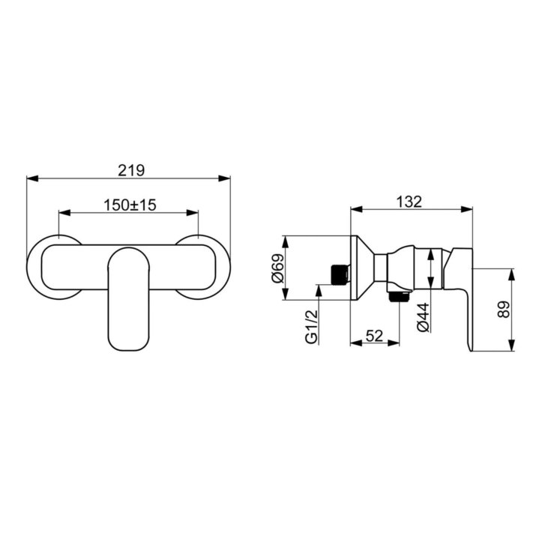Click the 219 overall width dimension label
click(131, 170)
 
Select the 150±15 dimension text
click(130, 205)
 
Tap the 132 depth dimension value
click(409, 202)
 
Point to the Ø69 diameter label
click(278, 268)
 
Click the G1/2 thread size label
click(312, 327)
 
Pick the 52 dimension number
click(374, 336)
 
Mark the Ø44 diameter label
click(424, 317)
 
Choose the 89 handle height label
click(504, 309)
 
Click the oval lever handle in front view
click(129, 298)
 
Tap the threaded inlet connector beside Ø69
click(340, 274)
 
